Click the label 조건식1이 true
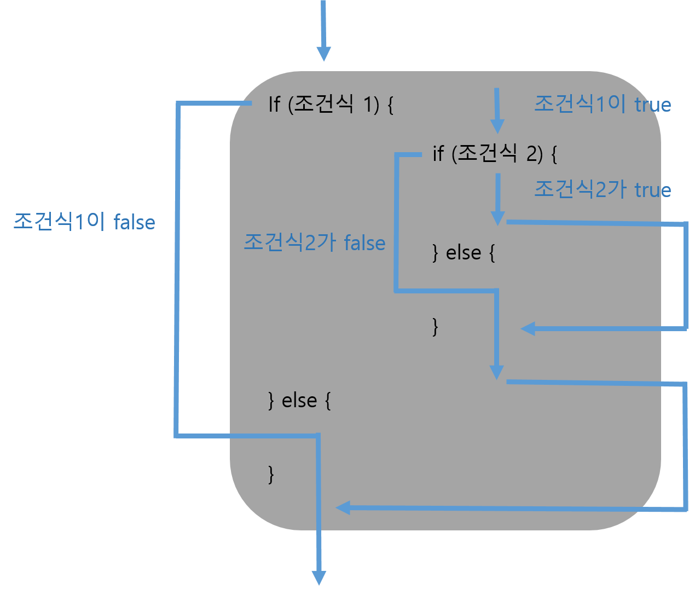(602, 104)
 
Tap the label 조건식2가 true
(602, 189)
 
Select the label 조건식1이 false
(84, 222)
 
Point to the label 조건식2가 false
(314, 242)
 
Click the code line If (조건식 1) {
(331, 104)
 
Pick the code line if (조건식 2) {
(494, 154)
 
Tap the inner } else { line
(464, 253)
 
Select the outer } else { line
(299, 401)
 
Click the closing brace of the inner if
(436, 327)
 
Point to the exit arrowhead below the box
(319, 578)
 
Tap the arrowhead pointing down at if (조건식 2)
(497, 126)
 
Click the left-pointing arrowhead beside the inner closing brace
(528, 329)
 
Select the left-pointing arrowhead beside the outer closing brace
(343, 508)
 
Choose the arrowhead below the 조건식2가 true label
(497, 218)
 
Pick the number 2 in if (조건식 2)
(532, 154)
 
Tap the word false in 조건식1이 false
(135, 222)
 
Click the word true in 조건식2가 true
(652, 190)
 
